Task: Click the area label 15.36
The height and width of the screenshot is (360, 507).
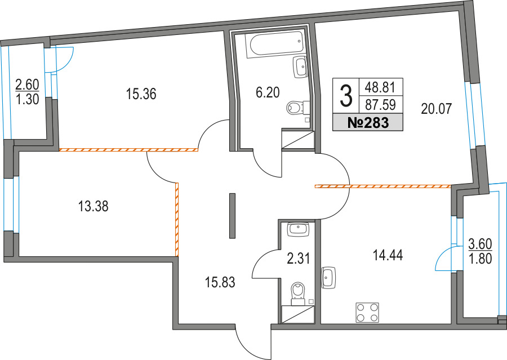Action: (x=141, y=94)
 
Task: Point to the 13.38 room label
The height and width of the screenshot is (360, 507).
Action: (x=93, y=207)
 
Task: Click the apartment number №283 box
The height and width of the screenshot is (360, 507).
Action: (x=367, y=123)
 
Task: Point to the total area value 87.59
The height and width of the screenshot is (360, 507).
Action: (x=380, y=104)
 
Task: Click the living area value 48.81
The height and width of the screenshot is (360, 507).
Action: (x=380, y=87)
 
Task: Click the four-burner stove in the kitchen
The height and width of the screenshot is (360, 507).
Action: (x=367, y=313)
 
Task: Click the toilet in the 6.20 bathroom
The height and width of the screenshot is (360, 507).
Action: (x=297, y=106)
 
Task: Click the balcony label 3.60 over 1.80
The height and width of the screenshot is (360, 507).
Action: (x=481, y=252)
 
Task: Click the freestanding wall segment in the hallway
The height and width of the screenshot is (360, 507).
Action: (x=232, y=216)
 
